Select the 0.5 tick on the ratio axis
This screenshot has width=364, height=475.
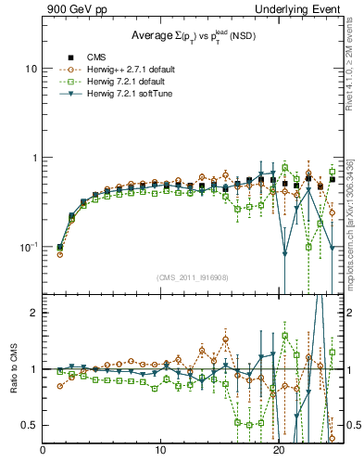coord(31,425)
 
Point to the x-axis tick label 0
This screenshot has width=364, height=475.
coord(44,452)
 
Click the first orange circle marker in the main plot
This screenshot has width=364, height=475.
coord(60,253)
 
